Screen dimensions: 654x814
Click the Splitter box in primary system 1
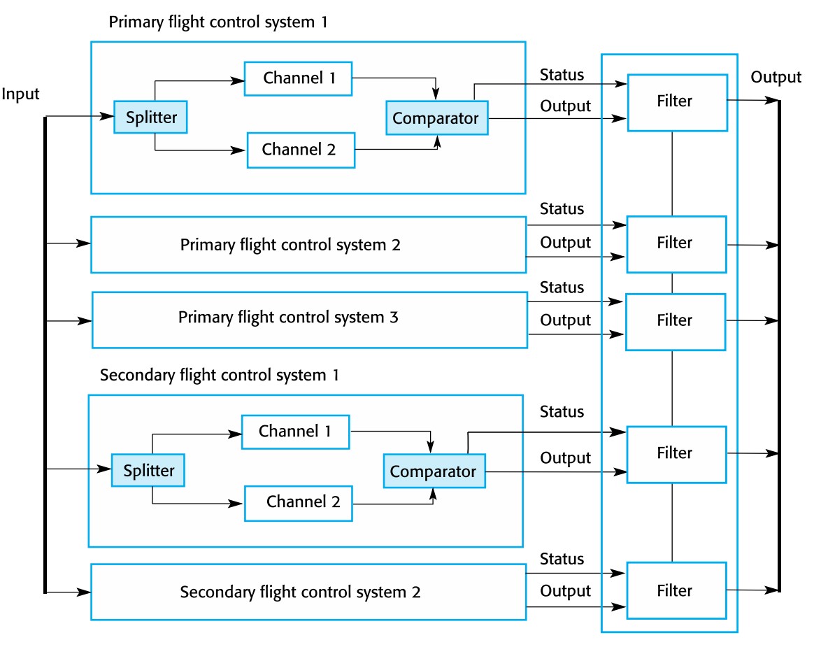(151, 117)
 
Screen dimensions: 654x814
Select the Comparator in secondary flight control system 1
(433, 471)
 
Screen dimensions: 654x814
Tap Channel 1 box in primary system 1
(298, 78)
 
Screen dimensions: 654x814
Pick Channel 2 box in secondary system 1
(298, 503)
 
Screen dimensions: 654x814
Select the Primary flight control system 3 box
(309, 320)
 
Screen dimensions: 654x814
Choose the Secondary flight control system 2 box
(308, 592)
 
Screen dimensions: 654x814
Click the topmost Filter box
(676, 102)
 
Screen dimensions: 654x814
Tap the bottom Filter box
(676, 590)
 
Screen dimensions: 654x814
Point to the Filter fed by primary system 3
(676, 321)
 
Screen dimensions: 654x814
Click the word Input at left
(21, 94)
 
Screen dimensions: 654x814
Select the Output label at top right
(776, 77)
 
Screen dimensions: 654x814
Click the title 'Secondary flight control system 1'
(220, 375)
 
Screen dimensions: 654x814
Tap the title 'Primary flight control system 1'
(218, 22)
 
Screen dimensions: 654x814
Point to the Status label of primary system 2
(562, 209)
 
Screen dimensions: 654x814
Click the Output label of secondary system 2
(565, 591)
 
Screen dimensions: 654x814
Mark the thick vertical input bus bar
(45, 350)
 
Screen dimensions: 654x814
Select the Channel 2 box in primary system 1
(301, 149)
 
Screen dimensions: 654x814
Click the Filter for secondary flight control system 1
(676, 454)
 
